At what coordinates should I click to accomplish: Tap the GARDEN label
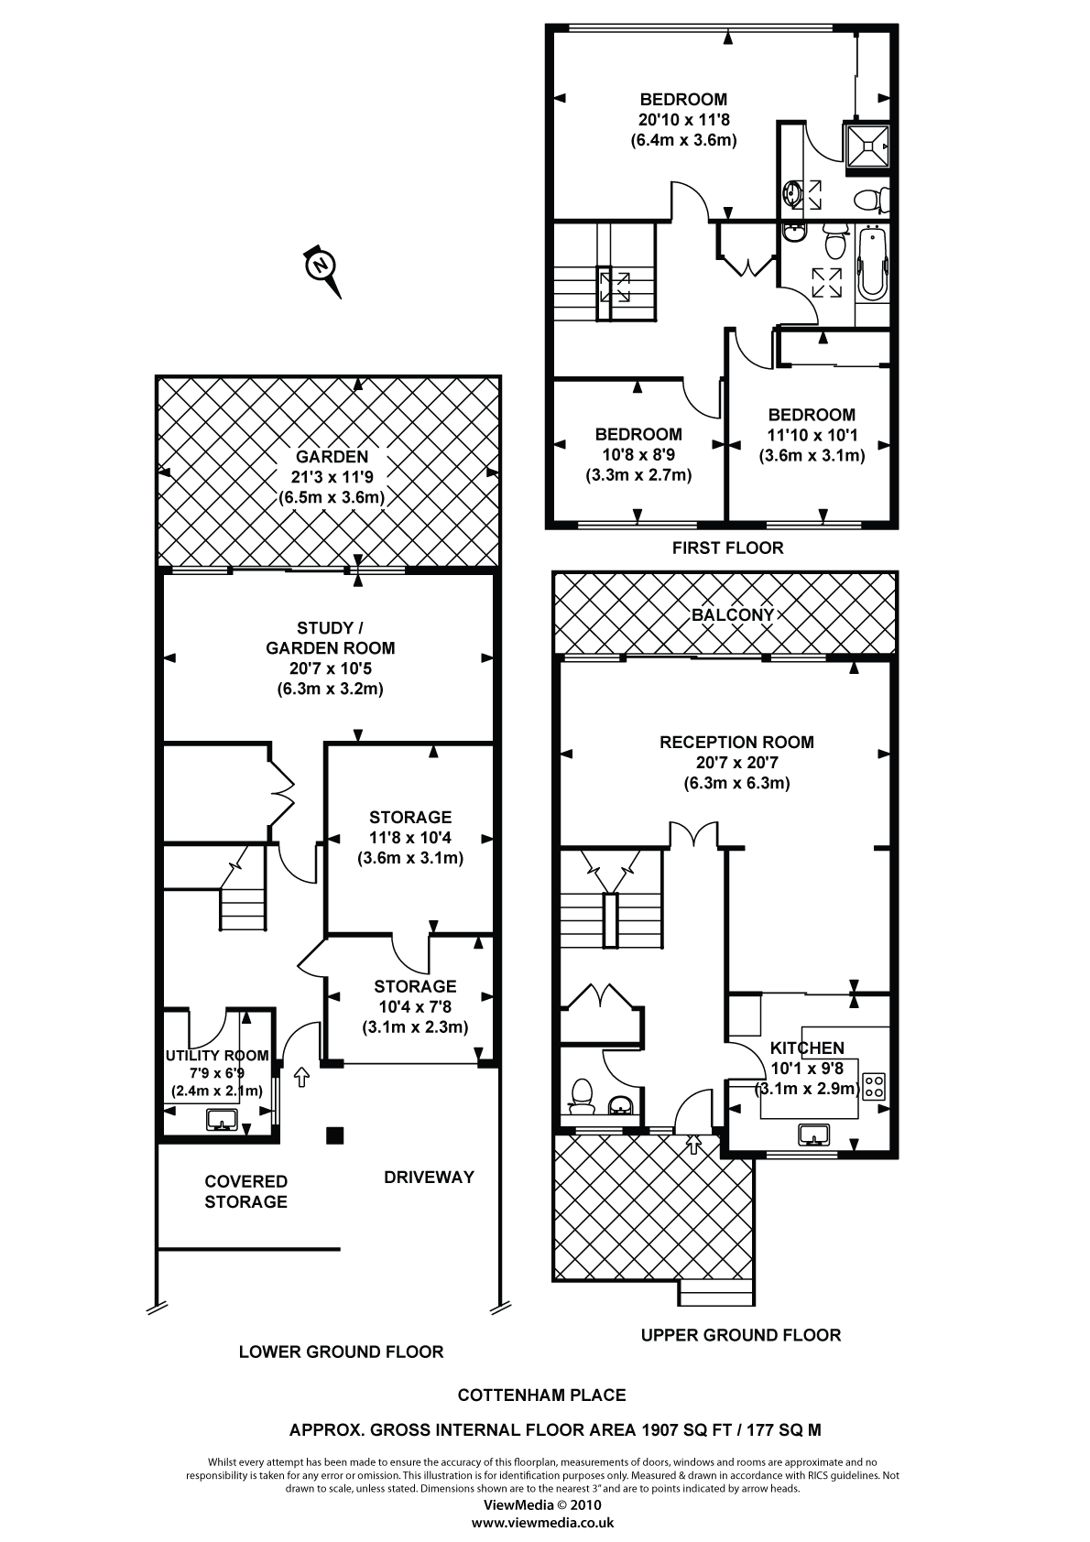point(332,457)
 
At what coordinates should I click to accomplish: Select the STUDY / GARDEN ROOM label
point(330,637)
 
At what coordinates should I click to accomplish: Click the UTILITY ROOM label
point(217,1055)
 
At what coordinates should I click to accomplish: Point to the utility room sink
point(222,1119)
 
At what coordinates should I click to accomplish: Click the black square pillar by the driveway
point(335,1136)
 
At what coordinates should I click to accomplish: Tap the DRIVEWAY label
point(429,1177)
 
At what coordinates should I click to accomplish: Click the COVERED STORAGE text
point(245,1191)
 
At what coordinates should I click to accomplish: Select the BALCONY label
point(733,614)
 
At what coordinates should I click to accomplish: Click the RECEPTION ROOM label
point(736,742)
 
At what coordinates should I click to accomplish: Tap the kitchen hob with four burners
point(875,1086)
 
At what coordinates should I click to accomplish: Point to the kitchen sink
point(813,1135)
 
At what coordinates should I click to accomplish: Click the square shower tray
point(867,145)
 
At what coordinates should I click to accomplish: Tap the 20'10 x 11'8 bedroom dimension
point(683,120)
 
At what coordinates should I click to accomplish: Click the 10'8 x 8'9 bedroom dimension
point(638,455)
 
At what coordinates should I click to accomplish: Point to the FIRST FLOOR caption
point(727,548)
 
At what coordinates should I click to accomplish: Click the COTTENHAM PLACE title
point(542,1395)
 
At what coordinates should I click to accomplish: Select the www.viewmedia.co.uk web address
point(542,1523)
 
